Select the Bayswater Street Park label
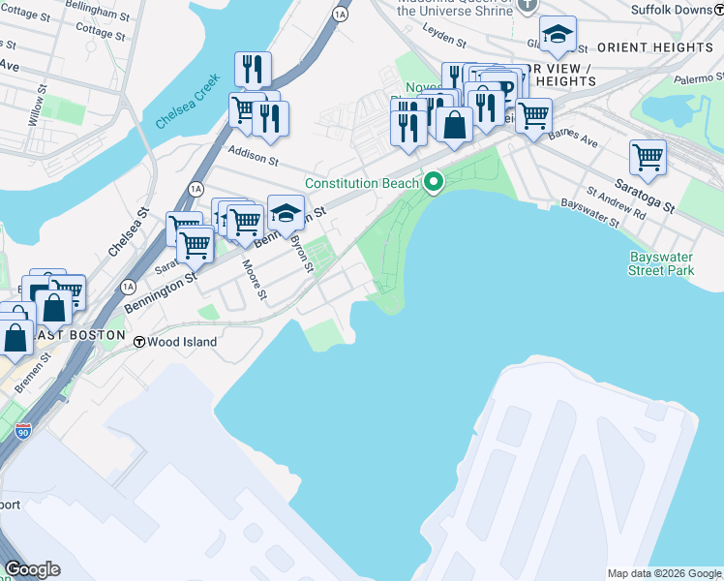(661, 263)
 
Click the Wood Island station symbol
(139, 342)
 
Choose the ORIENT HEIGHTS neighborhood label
(655, 47)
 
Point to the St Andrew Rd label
(616, 201)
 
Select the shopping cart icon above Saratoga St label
(648, 156)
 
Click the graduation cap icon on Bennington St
(286, 211)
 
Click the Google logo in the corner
(32, 569)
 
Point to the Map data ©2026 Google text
(663, 573)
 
